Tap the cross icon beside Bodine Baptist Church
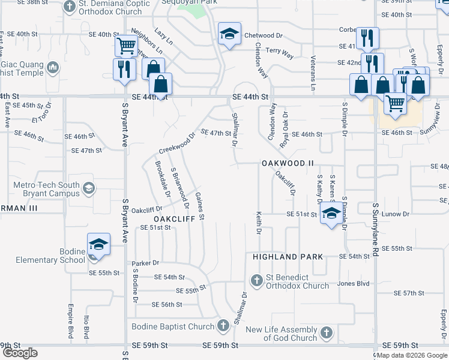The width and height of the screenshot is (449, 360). coord(223,326)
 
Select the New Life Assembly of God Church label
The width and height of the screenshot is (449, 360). coord(281,334)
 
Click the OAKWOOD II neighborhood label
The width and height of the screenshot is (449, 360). coord(288,163)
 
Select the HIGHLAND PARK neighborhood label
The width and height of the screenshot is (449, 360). coord(288,257)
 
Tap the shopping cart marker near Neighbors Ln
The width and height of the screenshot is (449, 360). coord(126,46)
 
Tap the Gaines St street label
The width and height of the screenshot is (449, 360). coord(201,205)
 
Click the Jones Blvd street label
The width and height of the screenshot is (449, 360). coord(353,283)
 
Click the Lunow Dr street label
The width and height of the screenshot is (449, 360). coord(397,214)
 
